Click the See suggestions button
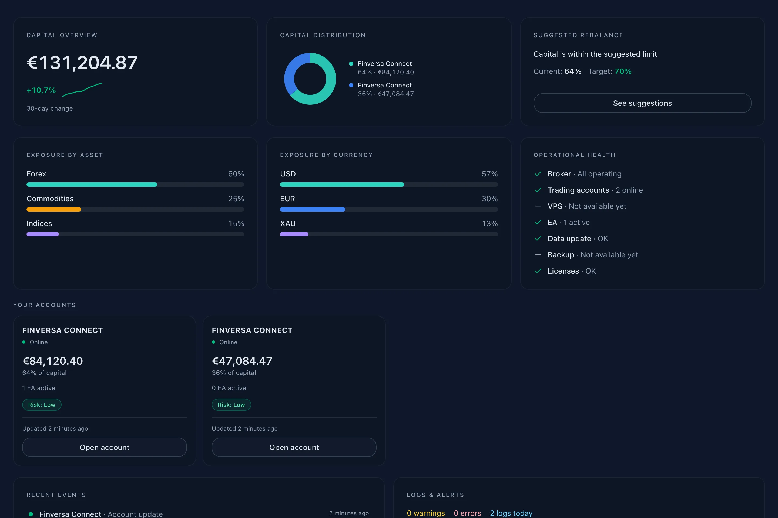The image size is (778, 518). pos(642,103)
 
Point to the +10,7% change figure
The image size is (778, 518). pos(41,90)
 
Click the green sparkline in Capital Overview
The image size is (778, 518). pos(82,90)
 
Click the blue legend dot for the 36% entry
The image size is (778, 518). pos(351,85)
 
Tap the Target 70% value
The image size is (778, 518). pos(623,71)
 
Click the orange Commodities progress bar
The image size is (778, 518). pos(53,209)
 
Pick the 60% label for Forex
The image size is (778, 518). pos(236,174)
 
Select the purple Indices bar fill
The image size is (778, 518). pos(43,234)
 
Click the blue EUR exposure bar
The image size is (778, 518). pos(313,209)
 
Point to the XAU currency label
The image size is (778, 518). pos(288,224)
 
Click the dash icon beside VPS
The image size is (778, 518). pos(538,206)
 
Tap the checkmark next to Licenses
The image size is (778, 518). pos(538,271)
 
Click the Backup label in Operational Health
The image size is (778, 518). pos(561,255)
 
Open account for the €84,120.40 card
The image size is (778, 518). pos(105,447)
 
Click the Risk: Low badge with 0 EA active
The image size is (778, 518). pos(231,405)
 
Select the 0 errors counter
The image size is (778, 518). pos(467,513)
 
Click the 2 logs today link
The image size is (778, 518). pos(511,513)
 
